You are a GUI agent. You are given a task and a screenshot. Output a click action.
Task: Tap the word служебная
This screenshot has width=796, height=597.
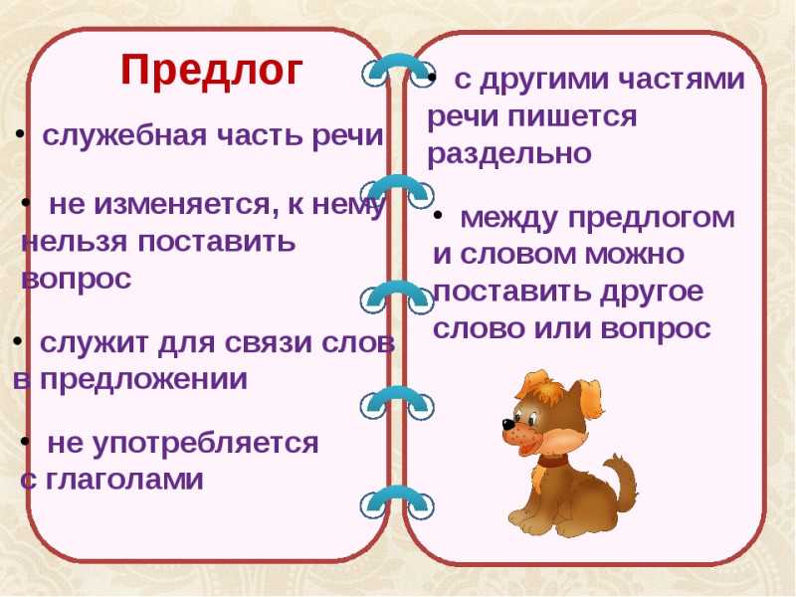[125, 135]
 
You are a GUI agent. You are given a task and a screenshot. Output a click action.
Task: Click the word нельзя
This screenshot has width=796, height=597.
[74, 242]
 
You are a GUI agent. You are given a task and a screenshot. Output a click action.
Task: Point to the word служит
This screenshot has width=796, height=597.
[95, 343]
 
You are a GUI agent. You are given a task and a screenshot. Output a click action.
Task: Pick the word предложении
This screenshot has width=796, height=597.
[143, 380]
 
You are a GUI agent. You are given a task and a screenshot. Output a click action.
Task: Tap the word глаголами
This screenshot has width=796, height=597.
[124, 480]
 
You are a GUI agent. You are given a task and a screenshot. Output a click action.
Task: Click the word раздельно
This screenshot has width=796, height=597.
[509, 154]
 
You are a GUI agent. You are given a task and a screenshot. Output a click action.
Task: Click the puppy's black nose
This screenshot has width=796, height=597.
[507, 424]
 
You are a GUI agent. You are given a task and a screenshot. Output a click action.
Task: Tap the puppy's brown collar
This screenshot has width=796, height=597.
[552, 462]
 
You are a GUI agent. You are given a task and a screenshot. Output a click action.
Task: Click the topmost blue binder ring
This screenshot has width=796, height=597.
[399, 72]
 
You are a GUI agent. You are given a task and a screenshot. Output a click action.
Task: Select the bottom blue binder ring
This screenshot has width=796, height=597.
[397, 501]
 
